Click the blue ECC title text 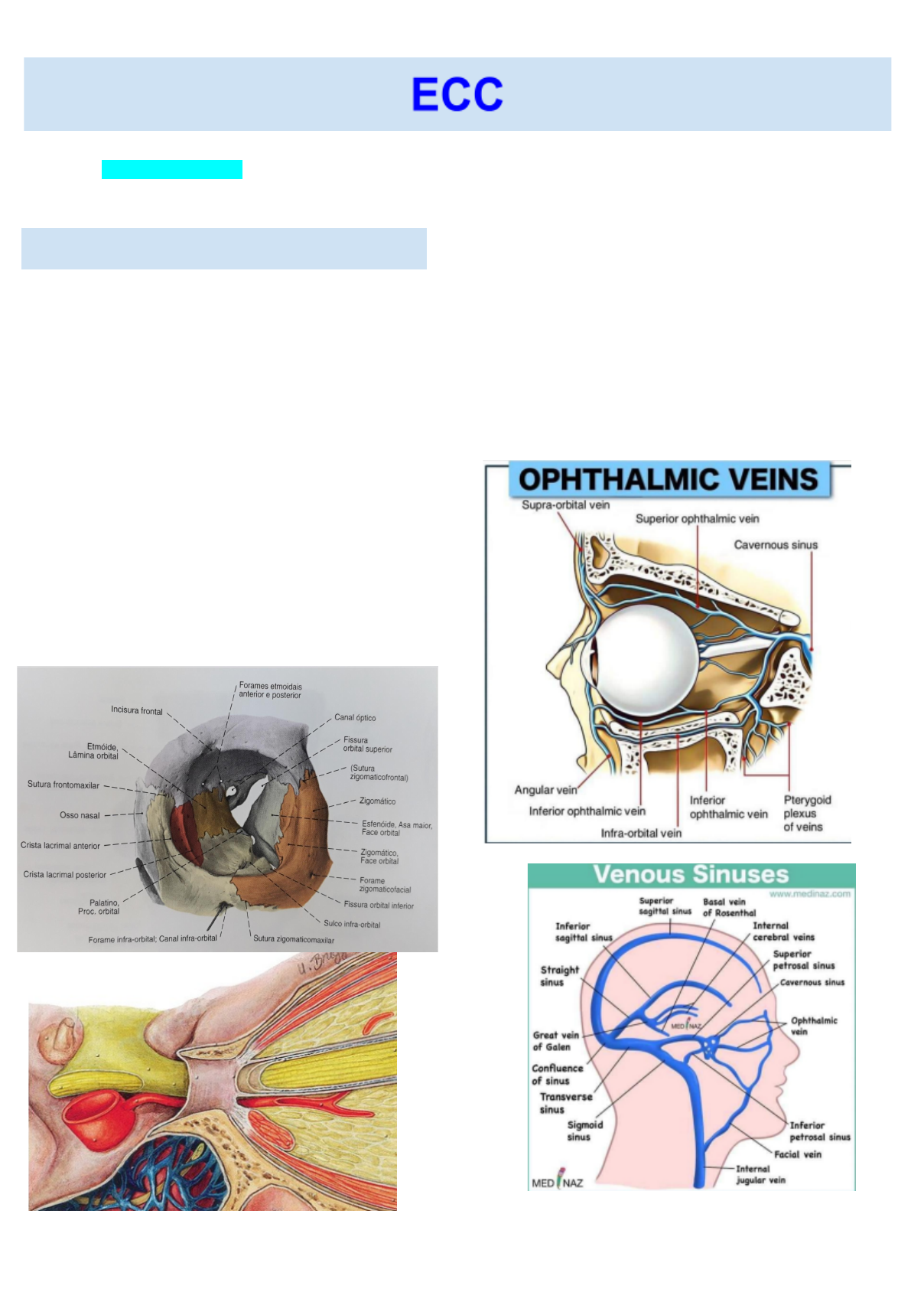click(457, 94)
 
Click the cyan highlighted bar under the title click(172, 169)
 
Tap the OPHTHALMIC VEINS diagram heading click(669, 480)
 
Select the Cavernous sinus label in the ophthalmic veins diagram click(776, 545)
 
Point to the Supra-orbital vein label click(565, 505)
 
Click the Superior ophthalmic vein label click(697, 519)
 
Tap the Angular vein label click(545, 790)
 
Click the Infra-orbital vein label click(641, 833)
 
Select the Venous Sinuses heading click(690, 875)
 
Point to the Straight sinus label click(559, 976)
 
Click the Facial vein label click(797, 1154)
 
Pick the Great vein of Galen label click(555, 1041)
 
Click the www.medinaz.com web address click(809, 894)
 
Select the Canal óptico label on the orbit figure click(355, 718)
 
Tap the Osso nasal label click(80, 815)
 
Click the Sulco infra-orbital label click(352, 924)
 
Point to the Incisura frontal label click(136, 710)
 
